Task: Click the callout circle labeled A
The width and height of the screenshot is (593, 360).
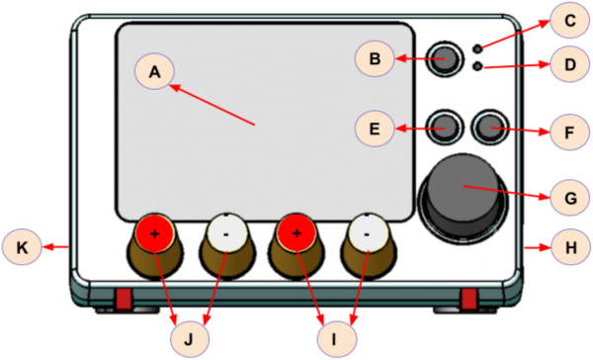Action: (154, 71)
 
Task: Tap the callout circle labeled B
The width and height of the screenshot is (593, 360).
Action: (375, 58)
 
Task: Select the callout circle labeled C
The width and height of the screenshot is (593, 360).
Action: (569, 20)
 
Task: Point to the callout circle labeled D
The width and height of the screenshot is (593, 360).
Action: (569, 64)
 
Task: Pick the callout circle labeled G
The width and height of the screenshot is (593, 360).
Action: (569, 198)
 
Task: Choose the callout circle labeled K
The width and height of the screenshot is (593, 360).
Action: (22, 247)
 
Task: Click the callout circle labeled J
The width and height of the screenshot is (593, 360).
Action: (189, 339)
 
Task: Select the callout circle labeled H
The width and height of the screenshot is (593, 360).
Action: (570, 247)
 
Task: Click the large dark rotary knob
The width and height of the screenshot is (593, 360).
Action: (464, 198)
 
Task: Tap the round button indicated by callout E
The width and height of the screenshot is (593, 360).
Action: (445, 128)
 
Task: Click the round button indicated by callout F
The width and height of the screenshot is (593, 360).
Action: (490, 128)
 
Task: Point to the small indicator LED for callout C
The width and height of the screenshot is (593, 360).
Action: (478, 48)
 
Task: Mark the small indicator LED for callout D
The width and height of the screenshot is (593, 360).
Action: (478, 66)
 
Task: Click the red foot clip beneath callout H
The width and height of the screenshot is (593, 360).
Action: (468, 298)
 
